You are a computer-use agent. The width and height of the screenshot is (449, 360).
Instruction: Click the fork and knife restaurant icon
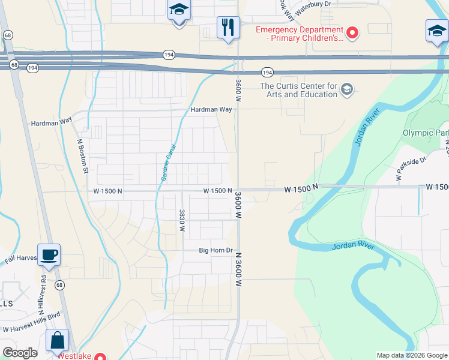click(x=228, y=27)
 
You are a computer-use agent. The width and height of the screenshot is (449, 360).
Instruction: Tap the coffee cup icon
click(x=49, y=255)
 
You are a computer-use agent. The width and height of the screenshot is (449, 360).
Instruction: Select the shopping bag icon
click(x=57, y=341)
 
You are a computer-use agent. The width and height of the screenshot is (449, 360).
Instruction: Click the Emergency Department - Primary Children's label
click(x=300, y=34)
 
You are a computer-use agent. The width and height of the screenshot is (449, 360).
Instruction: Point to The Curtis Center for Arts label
click(x=298, y=90)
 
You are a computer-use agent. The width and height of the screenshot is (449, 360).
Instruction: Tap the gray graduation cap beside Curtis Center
click(x=346, y=90)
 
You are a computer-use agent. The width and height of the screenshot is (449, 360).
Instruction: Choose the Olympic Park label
click(x=425, y=133)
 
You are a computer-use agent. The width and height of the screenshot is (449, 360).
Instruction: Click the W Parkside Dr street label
click(x=411, y=168)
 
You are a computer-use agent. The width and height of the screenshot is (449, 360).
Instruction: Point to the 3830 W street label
click(x=181, y=220)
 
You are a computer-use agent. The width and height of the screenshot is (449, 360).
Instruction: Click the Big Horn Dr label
click(x=215, y=250)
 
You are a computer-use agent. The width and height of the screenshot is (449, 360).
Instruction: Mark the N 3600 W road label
click(x=238, y=269)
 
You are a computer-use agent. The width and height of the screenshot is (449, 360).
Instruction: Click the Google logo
click(x=20, y=353)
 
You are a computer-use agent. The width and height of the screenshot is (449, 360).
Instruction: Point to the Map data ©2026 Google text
click(x=411, y=355)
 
